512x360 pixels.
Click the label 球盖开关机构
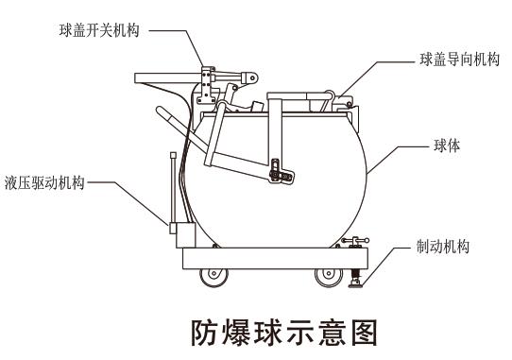[x=98, y=30]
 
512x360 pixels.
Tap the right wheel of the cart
[x=329, y=278]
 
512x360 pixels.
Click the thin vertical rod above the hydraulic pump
[x=172, y=184]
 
